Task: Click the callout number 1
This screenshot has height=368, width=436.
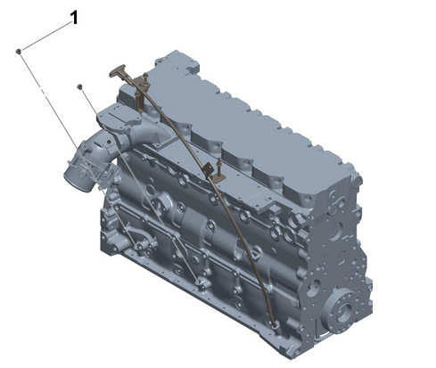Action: tap(74, 17)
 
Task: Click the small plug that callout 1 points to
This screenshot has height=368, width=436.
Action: tap(19, 52)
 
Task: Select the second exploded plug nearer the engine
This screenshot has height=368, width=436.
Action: tap(79, 86)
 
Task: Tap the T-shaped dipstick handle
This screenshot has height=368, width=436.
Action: tap(119, 70)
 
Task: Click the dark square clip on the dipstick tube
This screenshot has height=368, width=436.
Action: tap(208, 170)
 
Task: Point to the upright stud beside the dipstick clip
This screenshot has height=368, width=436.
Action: tap(220, 168)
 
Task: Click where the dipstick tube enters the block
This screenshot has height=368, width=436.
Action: tap(275, 324)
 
